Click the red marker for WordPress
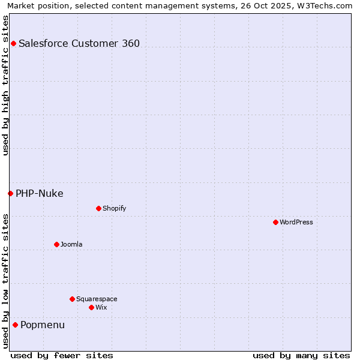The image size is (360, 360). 275,222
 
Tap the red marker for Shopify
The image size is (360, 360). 98,208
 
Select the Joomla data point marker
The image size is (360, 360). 56,244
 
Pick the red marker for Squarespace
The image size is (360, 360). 72,299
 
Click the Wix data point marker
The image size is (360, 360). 91,307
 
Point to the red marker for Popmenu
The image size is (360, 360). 15,325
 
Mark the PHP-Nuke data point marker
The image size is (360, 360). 10,193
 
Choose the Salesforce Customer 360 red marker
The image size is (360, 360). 13,43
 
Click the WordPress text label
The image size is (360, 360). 296,222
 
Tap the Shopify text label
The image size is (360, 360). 114,208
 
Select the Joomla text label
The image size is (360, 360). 71,244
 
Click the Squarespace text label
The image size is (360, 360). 97,299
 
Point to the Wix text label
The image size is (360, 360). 101,307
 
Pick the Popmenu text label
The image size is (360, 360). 43,325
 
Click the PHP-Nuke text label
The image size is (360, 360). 40,193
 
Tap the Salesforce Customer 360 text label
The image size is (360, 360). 79,43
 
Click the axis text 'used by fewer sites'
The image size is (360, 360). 62,355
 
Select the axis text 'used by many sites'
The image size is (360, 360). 301,355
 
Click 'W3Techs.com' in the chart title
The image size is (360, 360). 326,5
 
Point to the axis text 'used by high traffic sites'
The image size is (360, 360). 5,85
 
